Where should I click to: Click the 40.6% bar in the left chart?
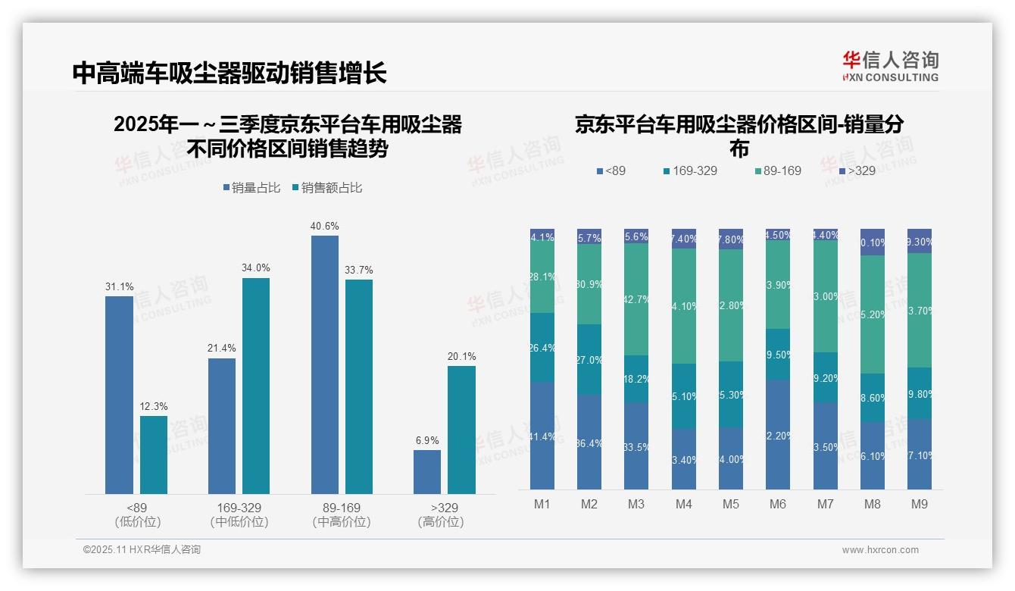325,364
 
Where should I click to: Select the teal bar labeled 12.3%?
154,455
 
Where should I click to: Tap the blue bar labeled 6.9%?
427,472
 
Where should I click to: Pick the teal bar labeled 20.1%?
461,430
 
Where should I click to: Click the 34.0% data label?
256,267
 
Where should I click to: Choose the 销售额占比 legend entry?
326,188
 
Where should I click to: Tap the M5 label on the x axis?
730,504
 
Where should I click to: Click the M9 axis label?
919,504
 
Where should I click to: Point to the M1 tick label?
542,504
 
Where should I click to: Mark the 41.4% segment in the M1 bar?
542,436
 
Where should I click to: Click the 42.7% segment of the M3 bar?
636,299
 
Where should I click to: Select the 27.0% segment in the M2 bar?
589,359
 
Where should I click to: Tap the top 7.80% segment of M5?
730,239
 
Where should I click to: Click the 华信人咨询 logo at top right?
890,67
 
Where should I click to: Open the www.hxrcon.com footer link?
879,550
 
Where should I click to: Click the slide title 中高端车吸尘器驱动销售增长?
230,73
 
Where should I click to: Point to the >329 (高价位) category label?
440,514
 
